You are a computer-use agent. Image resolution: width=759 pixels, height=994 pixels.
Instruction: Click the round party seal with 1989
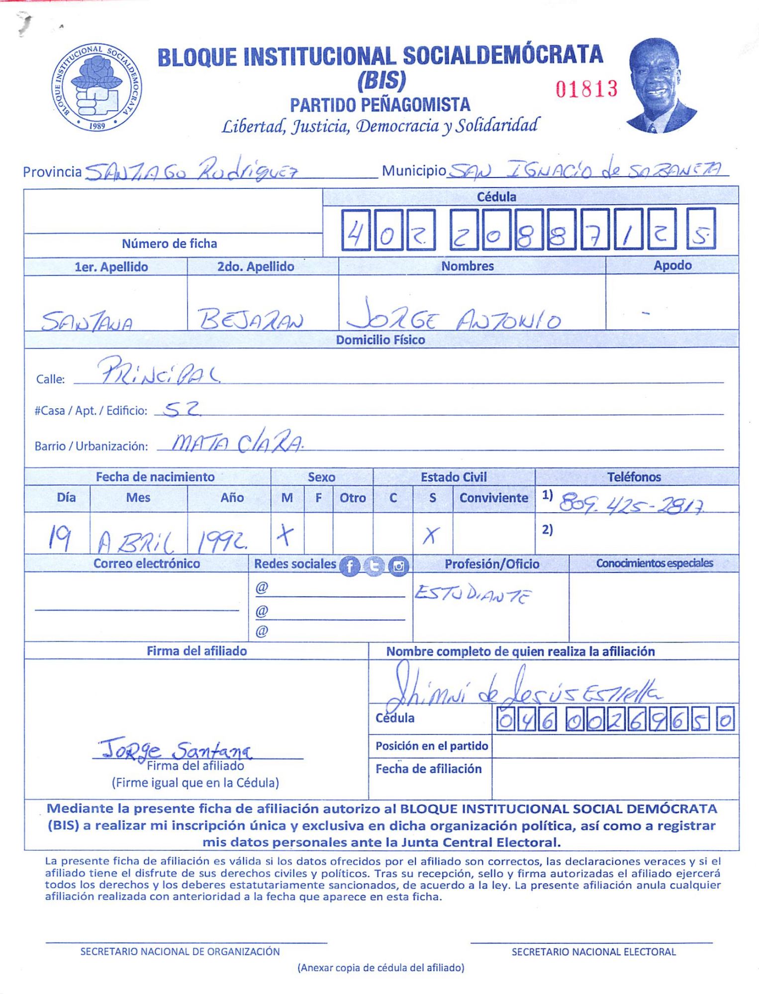(x=97, y=88)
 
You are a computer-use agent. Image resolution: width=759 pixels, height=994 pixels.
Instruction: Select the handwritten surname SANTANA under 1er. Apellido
(x=87, y=321)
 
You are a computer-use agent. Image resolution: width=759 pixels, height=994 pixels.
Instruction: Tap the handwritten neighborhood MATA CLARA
(x=237, y=442)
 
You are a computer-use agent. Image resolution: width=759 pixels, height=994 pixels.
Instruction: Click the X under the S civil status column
(x=431, y=536)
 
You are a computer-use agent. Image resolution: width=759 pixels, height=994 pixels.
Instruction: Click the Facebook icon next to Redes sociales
(x=350, y=566)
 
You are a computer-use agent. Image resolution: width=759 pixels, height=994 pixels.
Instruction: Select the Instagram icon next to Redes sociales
(x=398, y=566)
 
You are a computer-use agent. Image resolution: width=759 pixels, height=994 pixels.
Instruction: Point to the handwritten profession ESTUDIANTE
(x=473, y=594)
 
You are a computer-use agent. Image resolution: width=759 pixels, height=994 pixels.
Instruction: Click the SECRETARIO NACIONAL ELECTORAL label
(x=593, y=952)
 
